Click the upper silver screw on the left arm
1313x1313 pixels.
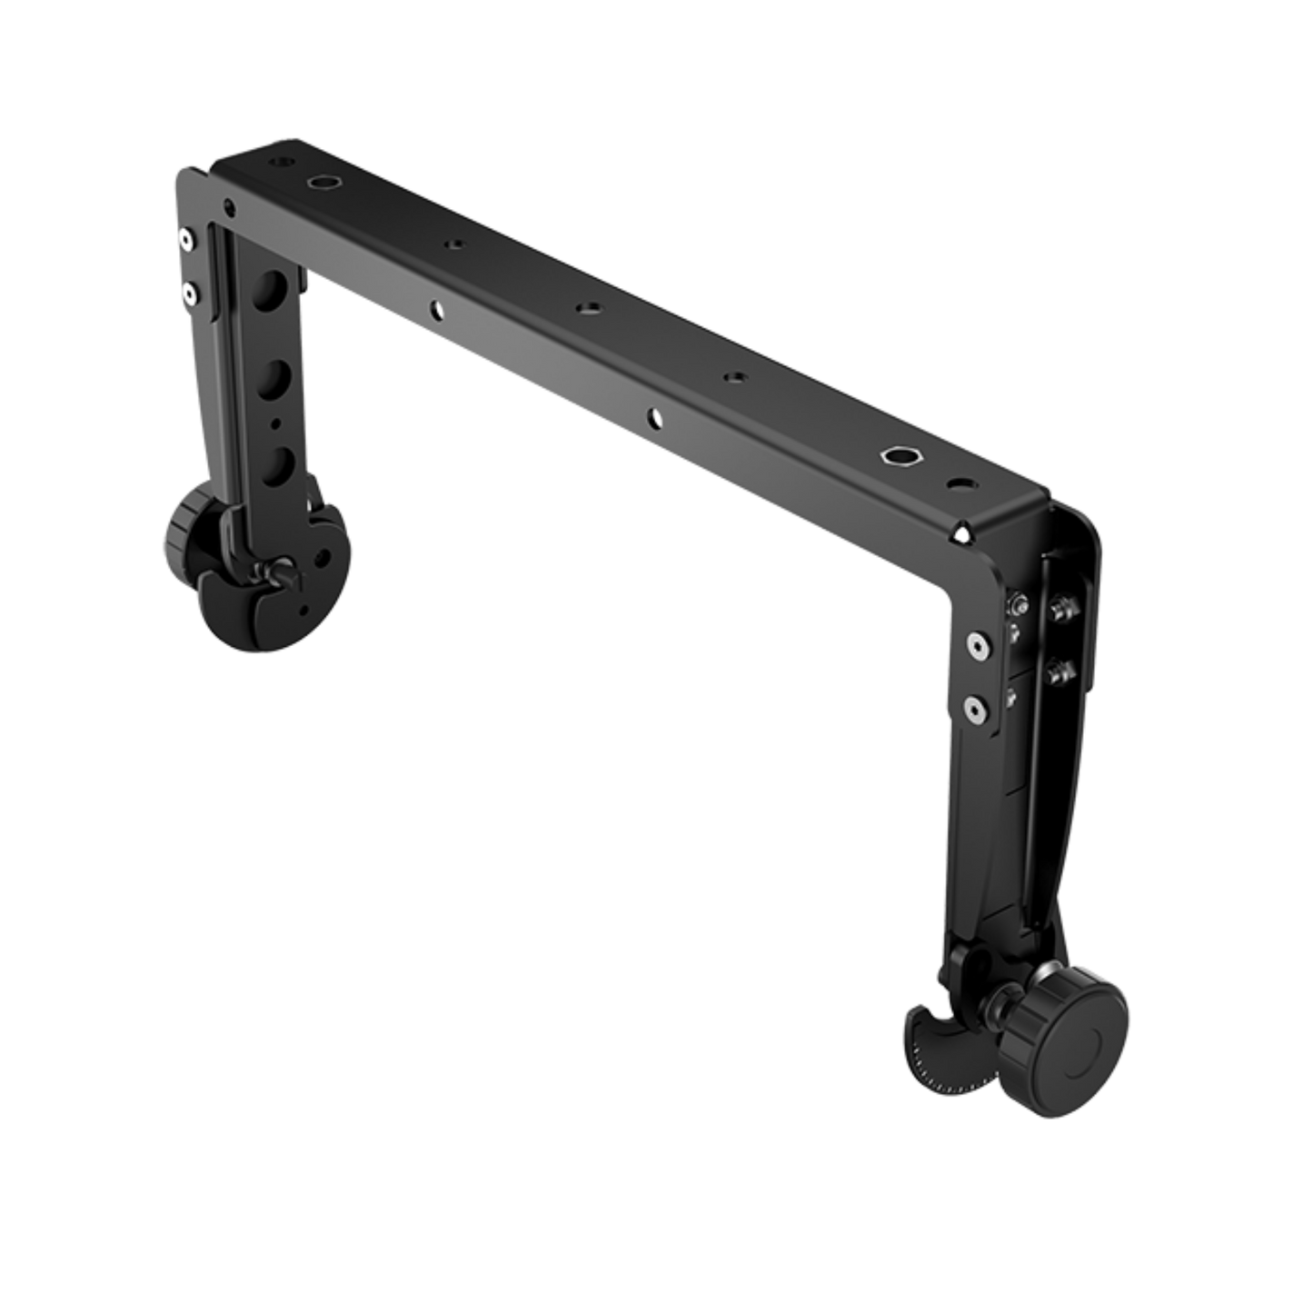185,240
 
